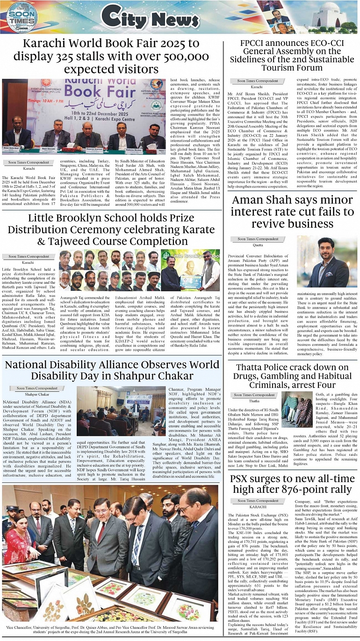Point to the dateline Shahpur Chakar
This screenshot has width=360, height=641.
[x=37, y=395]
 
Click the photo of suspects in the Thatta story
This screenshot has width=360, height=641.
[x=296, y=410]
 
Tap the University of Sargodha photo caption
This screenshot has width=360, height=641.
[x=110, y=631]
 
